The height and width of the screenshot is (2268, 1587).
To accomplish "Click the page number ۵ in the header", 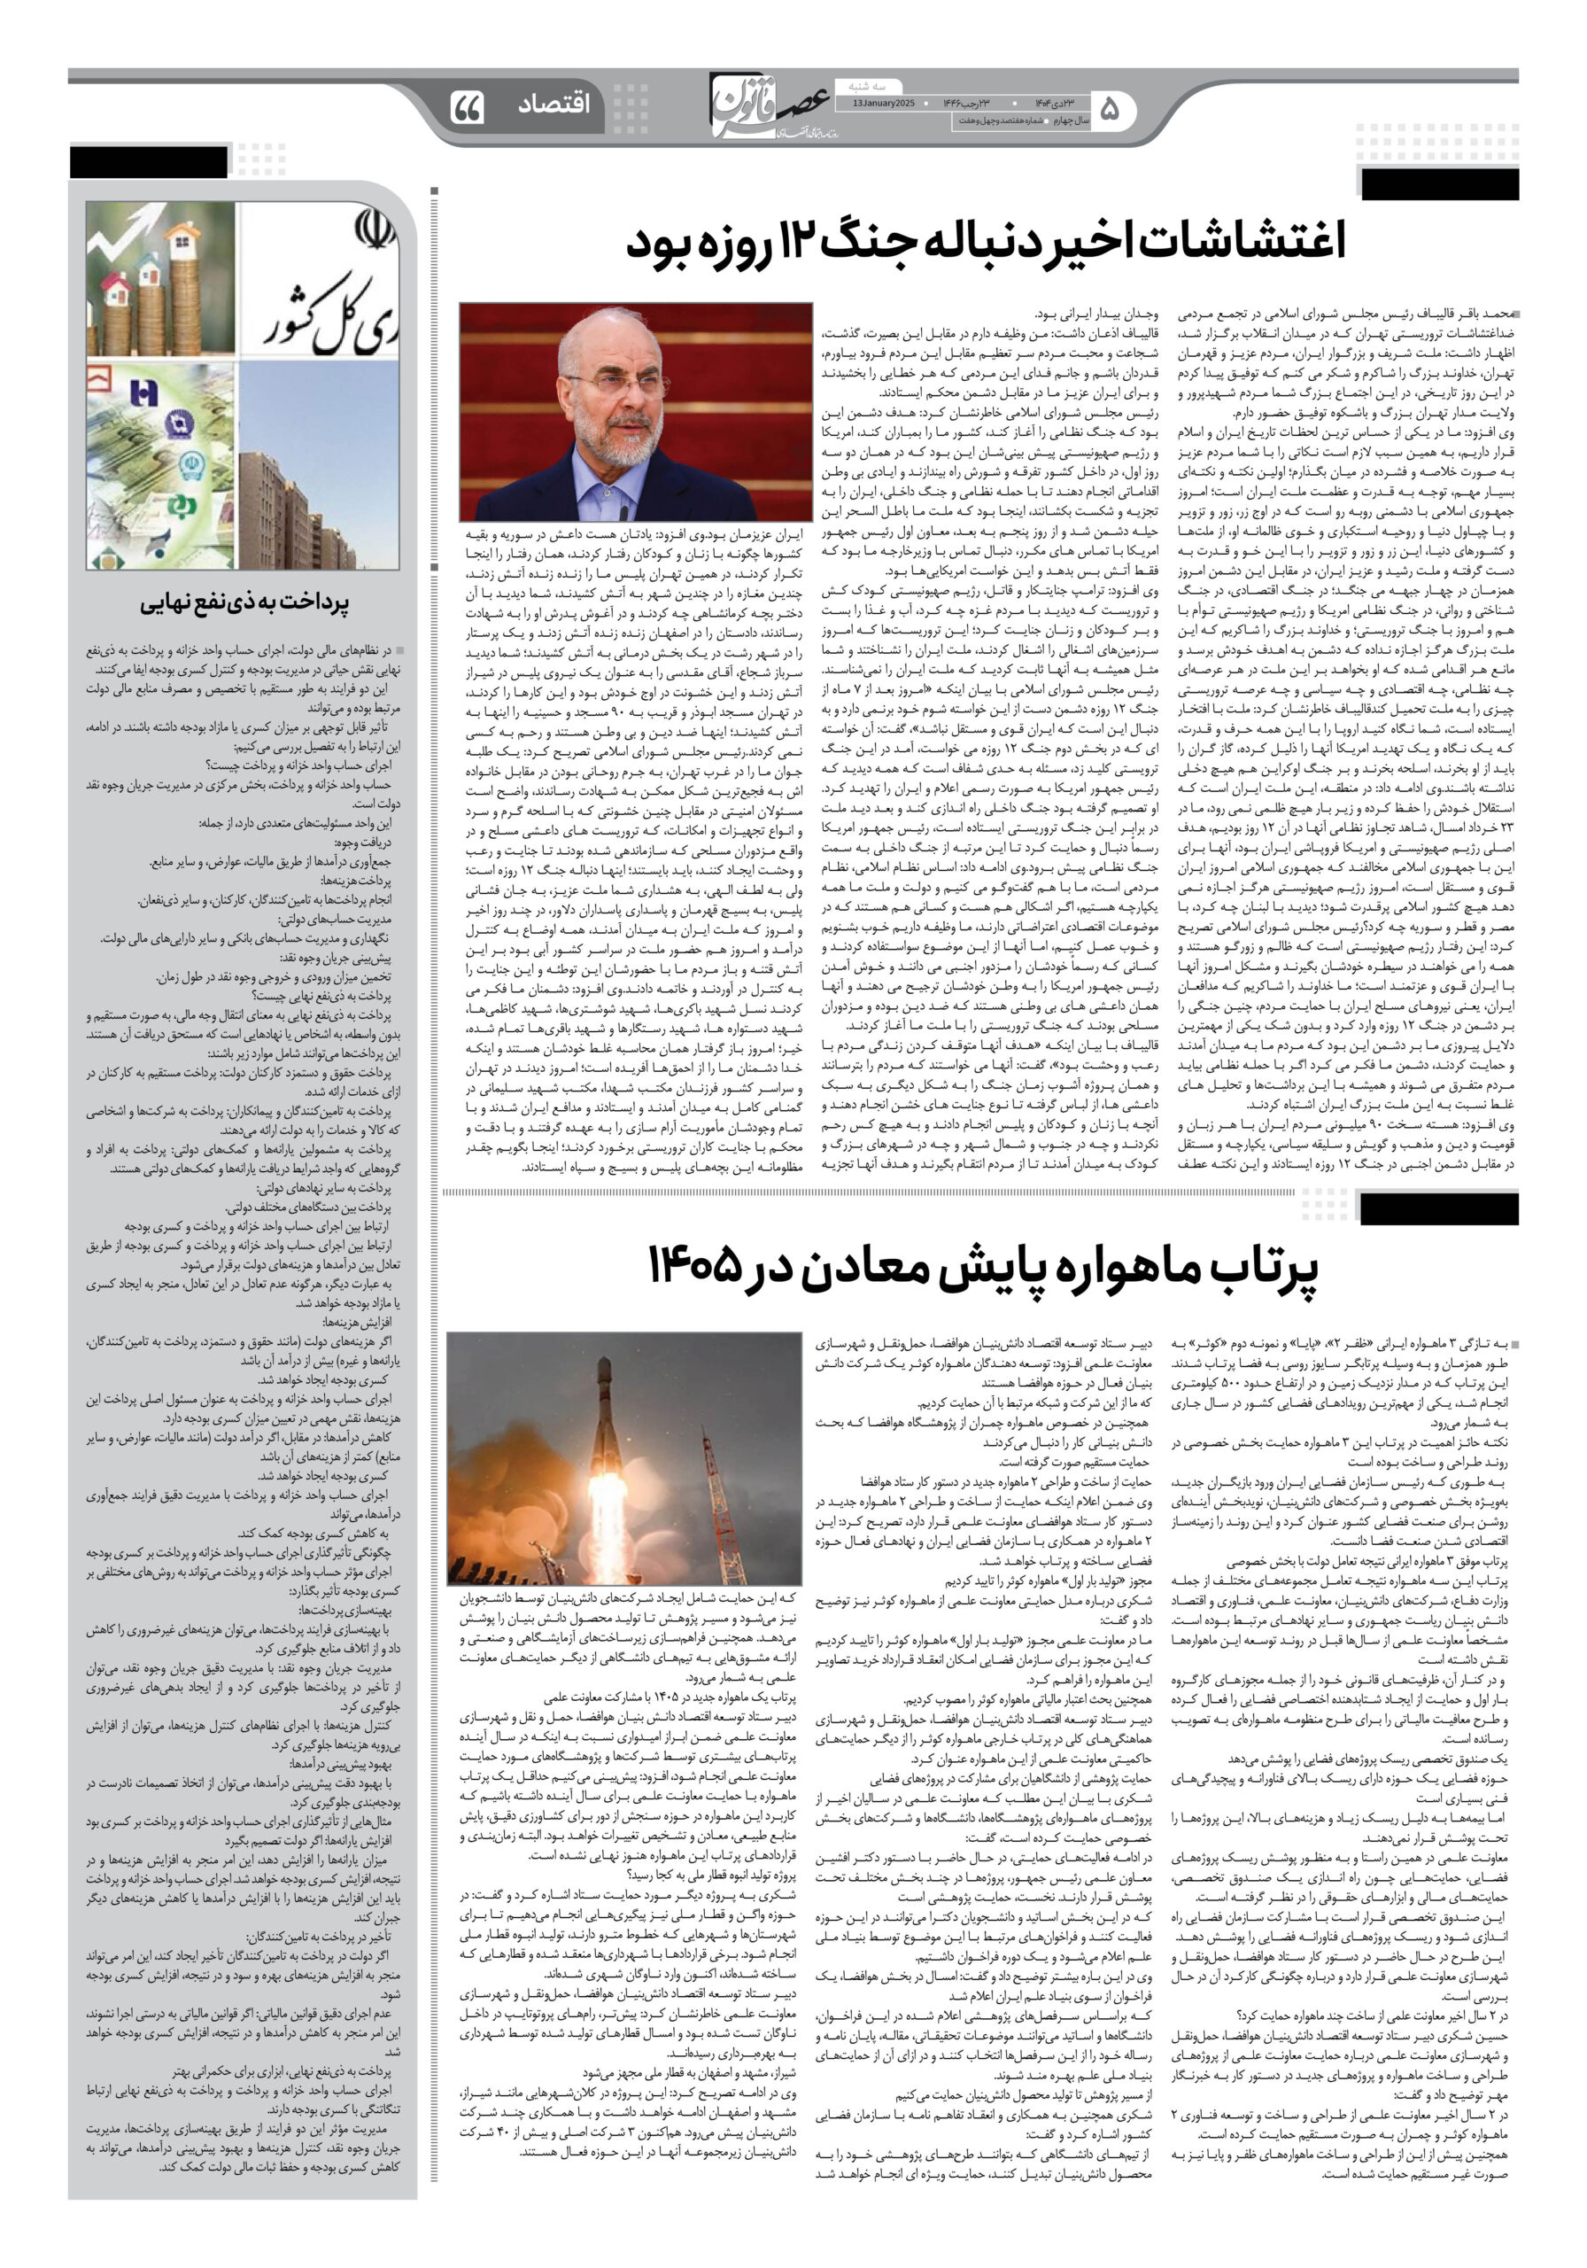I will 1110,110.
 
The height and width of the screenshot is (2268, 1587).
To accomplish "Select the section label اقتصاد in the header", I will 554,104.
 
